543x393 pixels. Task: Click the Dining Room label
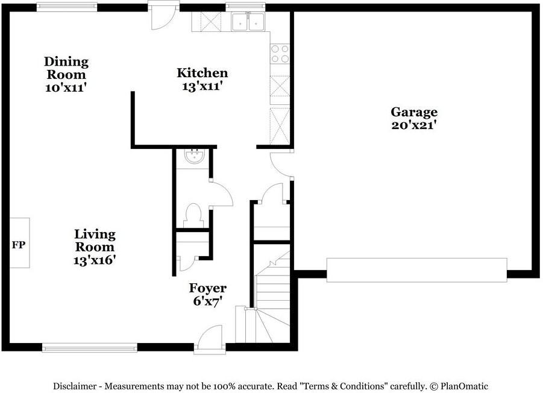(x=66, y=68)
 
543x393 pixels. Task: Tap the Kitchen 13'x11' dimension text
(x=202, y=86)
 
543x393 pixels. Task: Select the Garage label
(x=414, y=112)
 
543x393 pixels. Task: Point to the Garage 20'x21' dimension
(x=413, y=125)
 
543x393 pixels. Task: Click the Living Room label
(x=95, y=241)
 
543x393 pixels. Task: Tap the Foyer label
(x=207, y=288)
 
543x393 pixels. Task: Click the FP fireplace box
(x=19, y=243)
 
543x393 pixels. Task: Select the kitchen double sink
(x=248, y=22)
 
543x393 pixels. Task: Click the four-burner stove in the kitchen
(x=280, y=54)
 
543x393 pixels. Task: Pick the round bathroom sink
(x=195, y=157)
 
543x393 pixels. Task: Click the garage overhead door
(x=416, y=269)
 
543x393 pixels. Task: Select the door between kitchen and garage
(x=281, y=165)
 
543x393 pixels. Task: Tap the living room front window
(x=89, y=347)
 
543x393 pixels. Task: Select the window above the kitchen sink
(x=245, y=6)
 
